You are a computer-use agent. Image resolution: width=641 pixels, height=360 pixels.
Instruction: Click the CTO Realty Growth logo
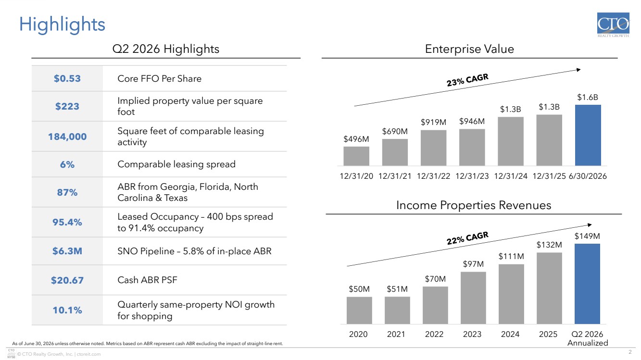click(x=613, y=25)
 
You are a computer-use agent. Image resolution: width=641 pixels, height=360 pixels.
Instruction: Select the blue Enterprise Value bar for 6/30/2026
click(x=588, y=135)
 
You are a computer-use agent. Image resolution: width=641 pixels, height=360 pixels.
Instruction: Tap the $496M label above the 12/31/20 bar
click(x=356, y=139)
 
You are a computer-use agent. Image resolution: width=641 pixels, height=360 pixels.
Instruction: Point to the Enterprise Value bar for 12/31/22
click(x=434, y=148)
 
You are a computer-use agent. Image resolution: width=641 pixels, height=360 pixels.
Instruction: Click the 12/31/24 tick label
click(x=511, y=176)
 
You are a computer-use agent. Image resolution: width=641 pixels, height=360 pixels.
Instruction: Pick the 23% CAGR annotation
click(x=467, y=80)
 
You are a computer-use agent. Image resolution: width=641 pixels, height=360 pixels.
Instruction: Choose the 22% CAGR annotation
click(x=467, y=238)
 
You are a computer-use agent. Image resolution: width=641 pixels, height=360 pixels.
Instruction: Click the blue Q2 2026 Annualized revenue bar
click(x=587, y=284)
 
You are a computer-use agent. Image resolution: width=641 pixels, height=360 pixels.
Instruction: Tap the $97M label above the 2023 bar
click(x=473, y=264)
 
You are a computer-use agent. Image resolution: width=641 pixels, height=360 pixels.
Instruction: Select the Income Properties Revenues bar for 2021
click(x=397, y=310)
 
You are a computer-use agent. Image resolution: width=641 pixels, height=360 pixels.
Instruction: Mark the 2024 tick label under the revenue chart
click(x=510, y=334)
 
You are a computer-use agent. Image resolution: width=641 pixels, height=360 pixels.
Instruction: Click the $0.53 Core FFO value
click(x=67, y=79)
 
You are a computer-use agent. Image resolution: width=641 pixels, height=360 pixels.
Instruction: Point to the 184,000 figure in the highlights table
click(x=67, y=137)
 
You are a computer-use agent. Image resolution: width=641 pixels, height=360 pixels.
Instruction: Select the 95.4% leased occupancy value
click(x=67, y=222)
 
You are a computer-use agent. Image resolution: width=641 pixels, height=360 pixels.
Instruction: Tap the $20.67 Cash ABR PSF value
click(x=67, y=280)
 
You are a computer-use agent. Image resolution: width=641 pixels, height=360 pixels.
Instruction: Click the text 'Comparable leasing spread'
click(x=176, y=164)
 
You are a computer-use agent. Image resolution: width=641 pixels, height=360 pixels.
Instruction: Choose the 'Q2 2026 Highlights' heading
click(x=166, y=49)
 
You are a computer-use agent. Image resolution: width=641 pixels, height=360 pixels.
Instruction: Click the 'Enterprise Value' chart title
click(x=470, y=49)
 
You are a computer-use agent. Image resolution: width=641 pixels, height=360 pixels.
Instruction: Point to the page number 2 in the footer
click(x=630, y=352)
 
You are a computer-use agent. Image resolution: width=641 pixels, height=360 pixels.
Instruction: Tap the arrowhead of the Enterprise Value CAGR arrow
click(x=578, y=70)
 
